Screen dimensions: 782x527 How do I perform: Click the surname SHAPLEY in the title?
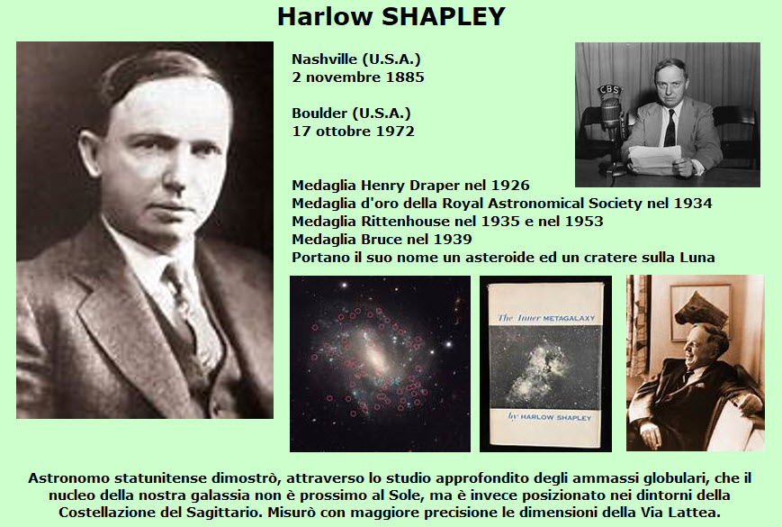pos(444,16)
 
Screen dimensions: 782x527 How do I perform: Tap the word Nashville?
pos(324,59)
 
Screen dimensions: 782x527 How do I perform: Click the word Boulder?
pos(320,114)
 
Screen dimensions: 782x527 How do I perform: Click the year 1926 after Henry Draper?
pos(510,186)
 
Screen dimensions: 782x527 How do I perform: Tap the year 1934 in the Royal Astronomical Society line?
pos(693,204)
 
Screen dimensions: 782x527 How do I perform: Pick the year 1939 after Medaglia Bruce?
pos(453,240)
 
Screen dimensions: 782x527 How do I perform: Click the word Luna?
pos(697,258)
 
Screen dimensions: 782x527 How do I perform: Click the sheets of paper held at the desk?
pos(654,159)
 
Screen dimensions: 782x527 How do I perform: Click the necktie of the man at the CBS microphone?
pos(670,128)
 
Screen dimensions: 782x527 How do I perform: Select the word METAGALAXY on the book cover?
pos(569,318)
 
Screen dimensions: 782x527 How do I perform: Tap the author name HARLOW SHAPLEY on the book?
pos(555,417)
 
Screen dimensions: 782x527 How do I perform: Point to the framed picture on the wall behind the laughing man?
pos(698,312)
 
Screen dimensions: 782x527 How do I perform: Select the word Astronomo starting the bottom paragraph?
pos(68,478)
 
